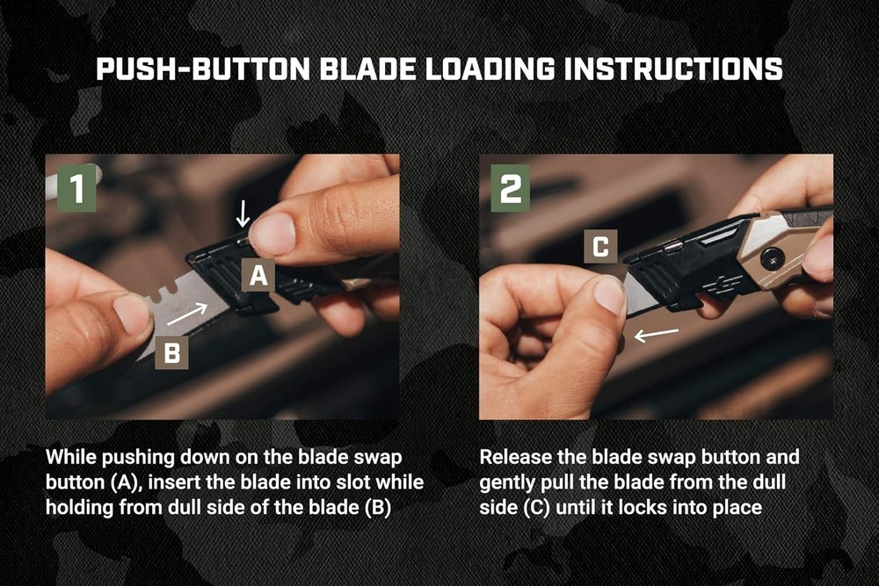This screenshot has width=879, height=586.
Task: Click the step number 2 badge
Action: (x=510, y=187)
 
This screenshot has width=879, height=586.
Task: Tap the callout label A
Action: (x=258, y=277)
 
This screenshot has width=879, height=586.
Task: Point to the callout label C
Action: (x=600, y=248)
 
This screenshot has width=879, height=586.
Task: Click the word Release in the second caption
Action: (x=512, y=458)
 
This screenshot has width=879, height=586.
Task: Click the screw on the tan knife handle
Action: (x=772, y=258)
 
